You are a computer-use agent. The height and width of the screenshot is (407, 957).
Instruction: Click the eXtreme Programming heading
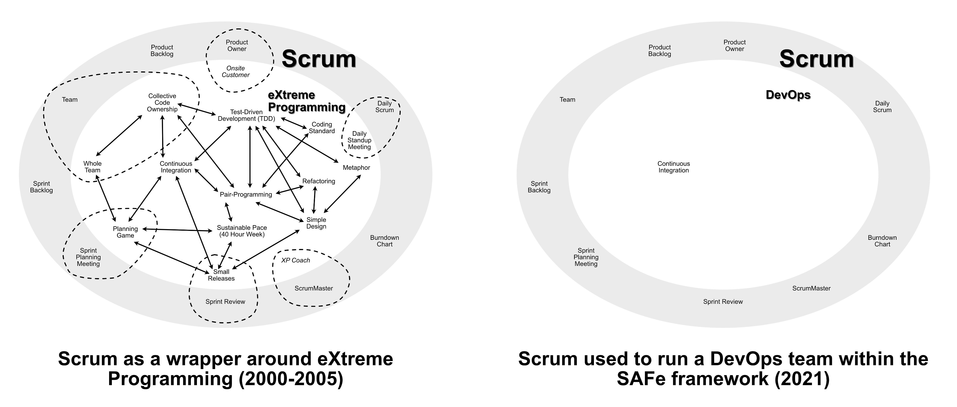pyautogui.click(x=307, y=101)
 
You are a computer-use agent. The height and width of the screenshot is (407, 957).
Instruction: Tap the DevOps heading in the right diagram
pyautogui.click(x=788, y=95)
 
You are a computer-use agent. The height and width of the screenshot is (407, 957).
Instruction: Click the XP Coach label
pyautogui.click(x=295, y=260)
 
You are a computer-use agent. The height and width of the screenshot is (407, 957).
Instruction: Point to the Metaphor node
pyautogui.click(x=356, y=167)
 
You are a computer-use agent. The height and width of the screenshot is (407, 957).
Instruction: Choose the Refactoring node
pyautogui.click(x=318, y=181)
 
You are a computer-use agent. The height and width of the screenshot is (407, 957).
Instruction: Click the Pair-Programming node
pyautogui.click(x=246, y=194)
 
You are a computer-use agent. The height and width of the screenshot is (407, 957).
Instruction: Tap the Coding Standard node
pyautogui.click(x=322, y=128)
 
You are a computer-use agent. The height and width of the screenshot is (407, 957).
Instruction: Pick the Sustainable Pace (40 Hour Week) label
pyautogui.click(x=242, y=231)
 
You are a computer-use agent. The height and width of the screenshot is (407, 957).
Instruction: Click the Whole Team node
pyautogui.click(x=92, y=167)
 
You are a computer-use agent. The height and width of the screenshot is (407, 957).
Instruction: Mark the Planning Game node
pyautogui.click(x=125, y=232)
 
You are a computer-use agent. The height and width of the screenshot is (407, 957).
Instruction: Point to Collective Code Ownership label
pyautogui.click(x=162, y=103)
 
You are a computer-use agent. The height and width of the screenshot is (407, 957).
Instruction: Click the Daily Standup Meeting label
pyautogui.click(x=359, y=140)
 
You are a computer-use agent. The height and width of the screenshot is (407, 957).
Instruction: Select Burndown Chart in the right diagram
pyautogui.click(x=882, y=241)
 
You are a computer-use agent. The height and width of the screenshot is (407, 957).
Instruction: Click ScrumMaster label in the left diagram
pyautogui.click(x=314, y=288)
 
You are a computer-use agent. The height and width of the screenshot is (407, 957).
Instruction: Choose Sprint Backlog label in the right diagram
pyautogui.click(x=539, y=187)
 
